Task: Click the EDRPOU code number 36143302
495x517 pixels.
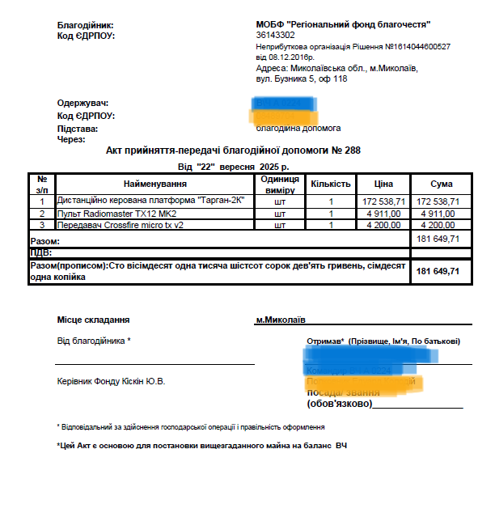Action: click(275, 36)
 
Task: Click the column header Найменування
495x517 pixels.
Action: click(154, 184)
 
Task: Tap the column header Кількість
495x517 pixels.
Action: click(331, 184)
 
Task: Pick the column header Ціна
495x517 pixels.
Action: click(384, 184)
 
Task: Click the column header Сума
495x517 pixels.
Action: click(442, 184)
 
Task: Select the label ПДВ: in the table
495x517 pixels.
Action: click(40, 252)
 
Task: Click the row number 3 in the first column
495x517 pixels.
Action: click(42, 225)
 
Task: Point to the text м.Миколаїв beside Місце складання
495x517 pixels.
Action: click(281, 320)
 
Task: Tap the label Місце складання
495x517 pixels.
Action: click(93, 320)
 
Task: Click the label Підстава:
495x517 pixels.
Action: click(77, 129)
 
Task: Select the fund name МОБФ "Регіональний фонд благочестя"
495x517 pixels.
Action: click(343, 25)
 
